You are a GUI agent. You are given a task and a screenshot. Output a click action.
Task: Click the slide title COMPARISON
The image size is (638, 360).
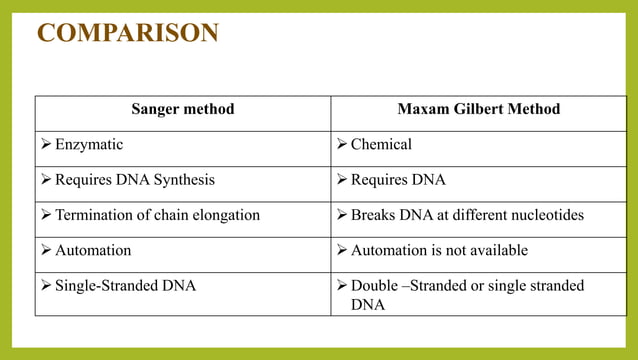[127, 32]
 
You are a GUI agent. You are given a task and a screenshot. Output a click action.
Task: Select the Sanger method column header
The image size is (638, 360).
[183, 109]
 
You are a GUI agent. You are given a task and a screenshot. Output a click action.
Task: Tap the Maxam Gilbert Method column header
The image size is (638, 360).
[478, 109]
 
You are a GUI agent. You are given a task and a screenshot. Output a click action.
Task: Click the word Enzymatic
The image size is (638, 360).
[89, 144]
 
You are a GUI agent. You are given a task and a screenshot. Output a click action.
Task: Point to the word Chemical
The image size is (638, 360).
[381, 144]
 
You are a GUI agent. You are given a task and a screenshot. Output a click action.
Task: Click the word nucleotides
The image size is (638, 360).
[546, 215]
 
